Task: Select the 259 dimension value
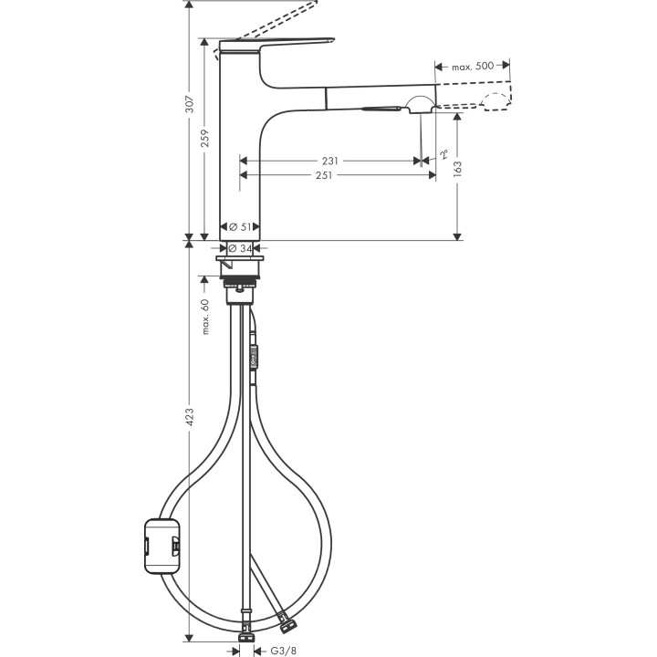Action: [205, 138]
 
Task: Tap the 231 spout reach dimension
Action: [329, 161]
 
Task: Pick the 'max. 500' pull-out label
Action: [473, 67]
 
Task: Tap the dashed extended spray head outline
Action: [494, 101]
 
